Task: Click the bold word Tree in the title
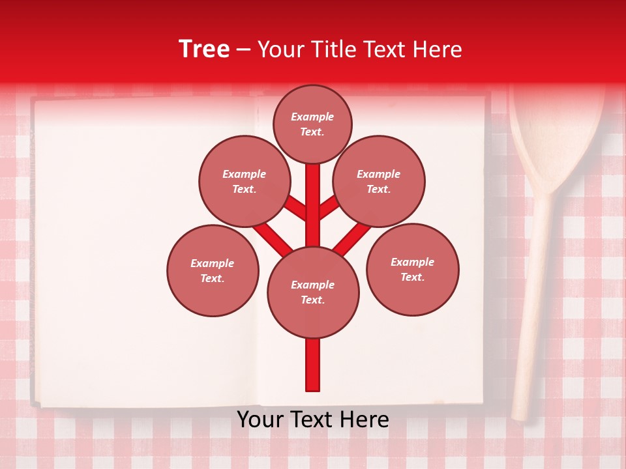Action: [x=204, y=50]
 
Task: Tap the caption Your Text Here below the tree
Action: [x=312, y=419]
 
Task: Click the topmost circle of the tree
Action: [x=312, y=124]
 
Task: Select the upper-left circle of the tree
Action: [x=244, y=181]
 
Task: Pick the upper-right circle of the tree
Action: [x=379, y=181]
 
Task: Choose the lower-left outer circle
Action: [x=213, y=270]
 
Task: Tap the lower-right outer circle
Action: [x=413, y=269]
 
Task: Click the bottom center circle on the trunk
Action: [x=313, y=292]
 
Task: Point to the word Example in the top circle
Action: [x=312, y=117]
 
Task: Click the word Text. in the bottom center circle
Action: [x=312, y=300]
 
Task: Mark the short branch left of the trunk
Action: [x=295, y=207]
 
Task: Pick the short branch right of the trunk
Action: [x=329, y=207]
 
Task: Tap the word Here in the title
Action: [x=438, y=50]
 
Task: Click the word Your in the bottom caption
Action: [x=260, y=419]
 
